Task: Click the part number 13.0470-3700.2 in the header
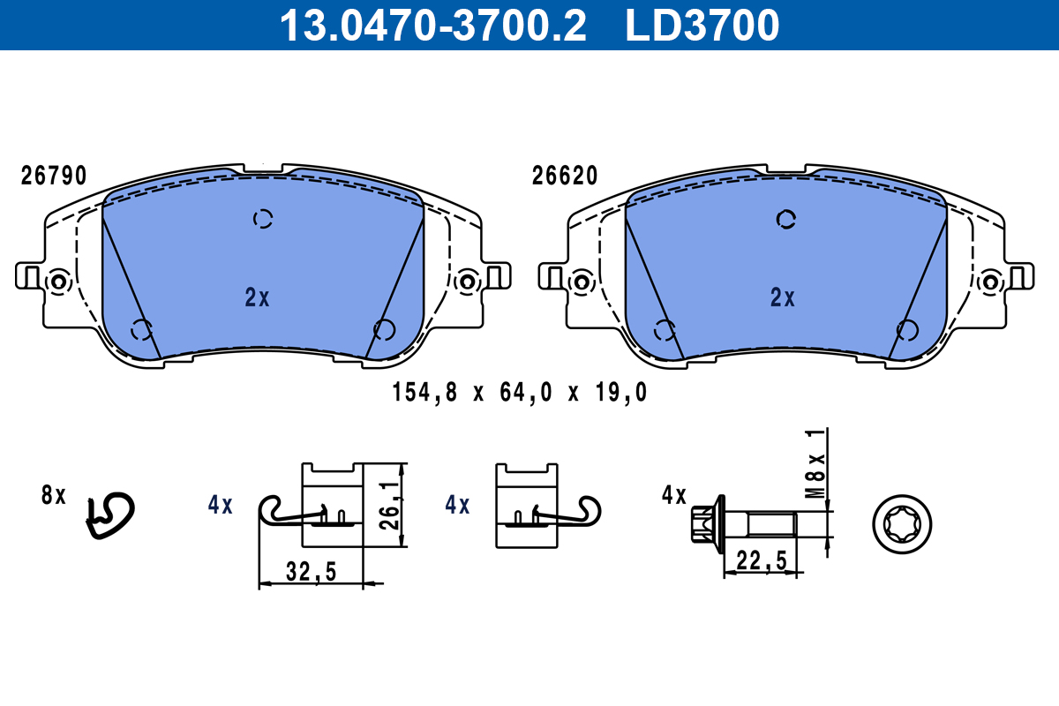pos(433,26)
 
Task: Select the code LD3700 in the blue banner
pos(702,26)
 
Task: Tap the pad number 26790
pos(54,176)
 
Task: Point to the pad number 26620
pos(565,176)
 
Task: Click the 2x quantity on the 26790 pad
pos(257,297)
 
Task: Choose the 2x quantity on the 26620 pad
pos(783,297)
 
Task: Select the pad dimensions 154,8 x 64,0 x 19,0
pos(520,393)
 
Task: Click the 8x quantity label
pos(54,495)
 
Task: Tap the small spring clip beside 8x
pos(110,516)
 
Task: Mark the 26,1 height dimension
pos(390,506)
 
